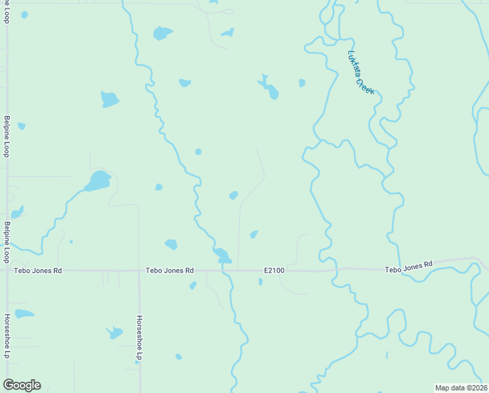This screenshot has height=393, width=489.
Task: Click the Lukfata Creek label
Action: coord(361,72)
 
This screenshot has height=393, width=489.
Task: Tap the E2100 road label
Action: coord(274,270)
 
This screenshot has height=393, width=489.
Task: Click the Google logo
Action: coord(22,385)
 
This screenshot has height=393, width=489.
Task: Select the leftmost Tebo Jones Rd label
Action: coord(39,270)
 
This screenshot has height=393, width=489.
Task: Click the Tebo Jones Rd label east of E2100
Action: coord(409,267)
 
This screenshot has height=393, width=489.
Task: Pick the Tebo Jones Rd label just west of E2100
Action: coord(169,270)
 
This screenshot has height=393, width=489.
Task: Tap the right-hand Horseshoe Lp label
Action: coord(139,337)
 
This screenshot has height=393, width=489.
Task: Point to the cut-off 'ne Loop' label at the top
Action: coord(7,11)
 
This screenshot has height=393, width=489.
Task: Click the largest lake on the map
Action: coord(98,181)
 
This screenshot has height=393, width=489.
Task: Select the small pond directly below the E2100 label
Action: coord(260,282)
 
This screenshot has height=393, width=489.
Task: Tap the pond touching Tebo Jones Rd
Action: coord(222,255)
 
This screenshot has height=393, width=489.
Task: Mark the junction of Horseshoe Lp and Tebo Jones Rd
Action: coord(139,270)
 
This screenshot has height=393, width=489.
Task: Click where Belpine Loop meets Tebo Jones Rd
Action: coord(7,270)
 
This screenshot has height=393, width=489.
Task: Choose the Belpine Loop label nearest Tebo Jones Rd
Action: coord(7,242)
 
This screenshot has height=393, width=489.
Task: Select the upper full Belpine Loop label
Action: coord(7,136)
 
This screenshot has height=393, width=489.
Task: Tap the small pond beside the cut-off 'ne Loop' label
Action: coord(25,14)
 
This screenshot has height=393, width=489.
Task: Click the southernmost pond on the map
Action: coord(178,357)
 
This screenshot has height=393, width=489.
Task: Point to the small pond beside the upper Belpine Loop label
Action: coord(22,126)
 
